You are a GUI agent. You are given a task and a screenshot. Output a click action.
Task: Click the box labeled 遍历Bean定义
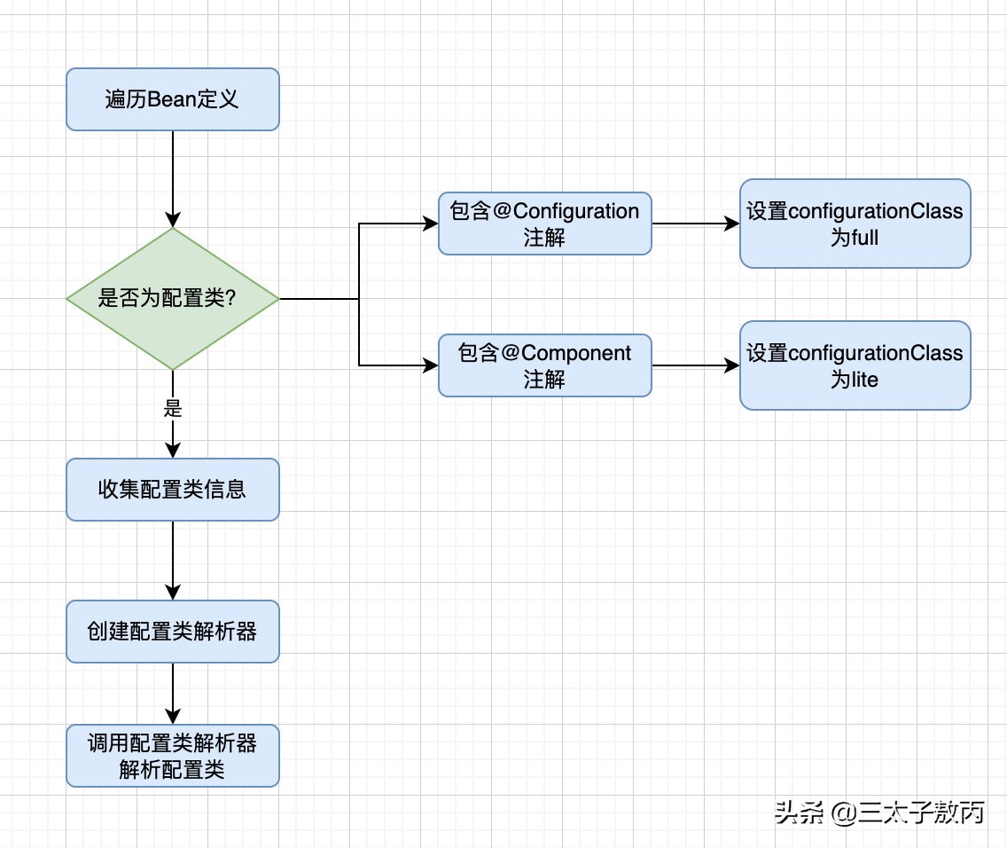[173, 99]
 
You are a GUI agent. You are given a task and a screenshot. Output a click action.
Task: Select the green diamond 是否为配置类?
[173, 299]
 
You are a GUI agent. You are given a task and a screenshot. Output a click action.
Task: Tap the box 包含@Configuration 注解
[544, 224]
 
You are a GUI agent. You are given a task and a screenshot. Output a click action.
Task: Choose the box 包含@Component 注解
[544, 365]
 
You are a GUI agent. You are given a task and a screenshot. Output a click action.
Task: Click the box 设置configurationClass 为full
[855, 224]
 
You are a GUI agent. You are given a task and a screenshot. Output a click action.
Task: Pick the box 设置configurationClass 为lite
[855, 365]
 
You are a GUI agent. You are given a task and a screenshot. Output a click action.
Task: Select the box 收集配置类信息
[173, 490]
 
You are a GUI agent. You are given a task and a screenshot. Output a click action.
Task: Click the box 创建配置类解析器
[173, 632]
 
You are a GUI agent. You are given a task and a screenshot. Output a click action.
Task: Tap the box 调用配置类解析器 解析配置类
[173, 756]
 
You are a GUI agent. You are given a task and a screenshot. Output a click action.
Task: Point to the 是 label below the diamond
[173, 409]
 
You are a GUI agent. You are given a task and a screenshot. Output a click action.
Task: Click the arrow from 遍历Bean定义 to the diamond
[173, 177]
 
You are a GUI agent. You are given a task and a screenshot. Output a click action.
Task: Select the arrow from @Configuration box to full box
[695, 224]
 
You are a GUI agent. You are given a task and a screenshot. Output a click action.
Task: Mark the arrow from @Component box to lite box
[695, 365]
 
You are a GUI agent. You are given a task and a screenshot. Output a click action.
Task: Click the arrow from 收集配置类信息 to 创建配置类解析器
[173, 560]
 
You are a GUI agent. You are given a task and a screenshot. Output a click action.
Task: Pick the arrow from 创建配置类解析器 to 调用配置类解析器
[173, 693]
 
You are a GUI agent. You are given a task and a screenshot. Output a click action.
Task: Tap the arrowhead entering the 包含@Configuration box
[431, 224]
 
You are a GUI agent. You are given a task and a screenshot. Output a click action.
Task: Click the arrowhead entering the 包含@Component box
[431, 365]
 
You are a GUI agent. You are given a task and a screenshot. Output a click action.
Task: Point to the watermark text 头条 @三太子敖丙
[878, 812]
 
